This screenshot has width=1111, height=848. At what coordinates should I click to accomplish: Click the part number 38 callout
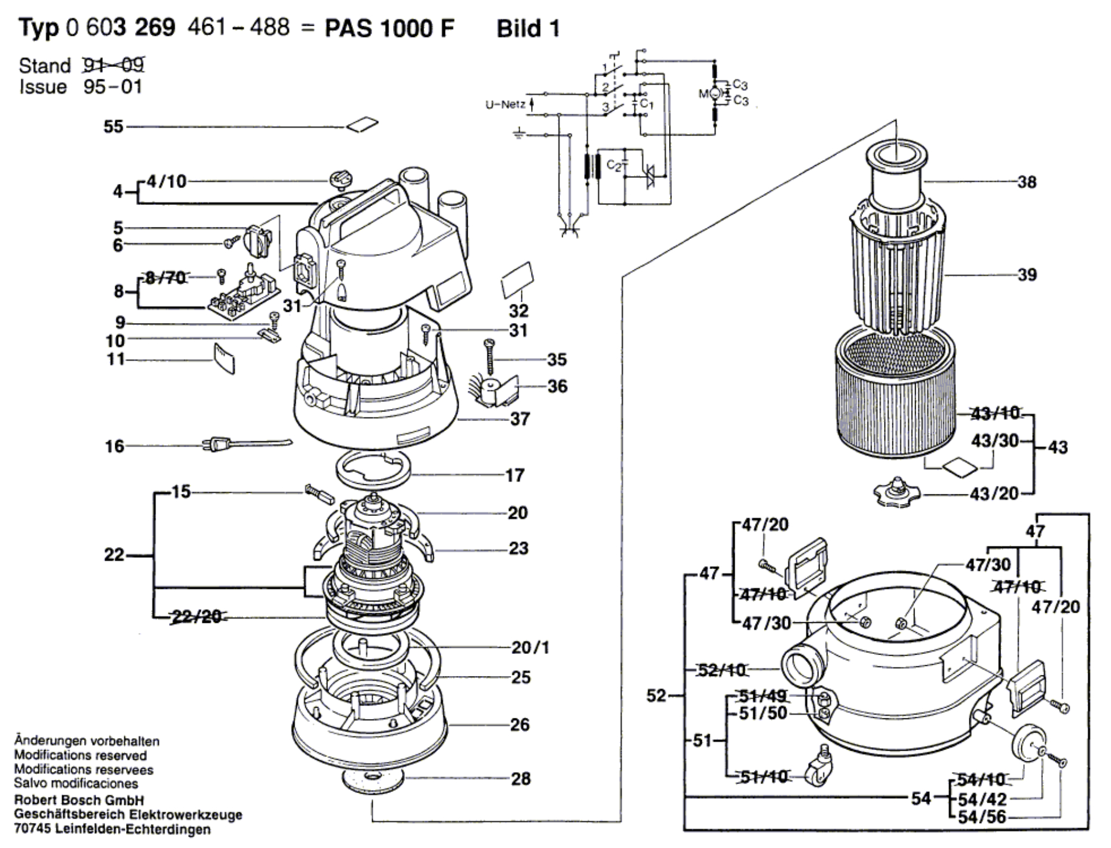(1026, 182)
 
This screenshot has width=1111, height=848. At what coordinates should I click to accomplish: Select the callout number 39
(1026, 275)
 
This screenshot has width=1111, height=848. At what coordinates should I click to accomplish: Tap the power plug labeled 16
(218, 445)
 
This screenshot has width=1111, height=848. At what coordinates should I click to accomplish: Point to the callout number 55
(113, 127)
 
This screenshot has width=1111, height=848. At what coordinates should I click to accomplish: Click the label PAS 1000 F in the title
(389, 28)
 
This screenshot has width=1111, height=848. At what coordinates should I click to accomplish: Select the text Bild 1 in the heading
(528, 28)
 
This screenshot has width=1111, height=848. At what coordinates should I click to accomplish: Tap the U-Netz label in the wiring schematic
(505, 105)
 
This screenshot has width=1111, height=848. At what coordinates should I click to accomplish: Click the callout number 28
(520, 779)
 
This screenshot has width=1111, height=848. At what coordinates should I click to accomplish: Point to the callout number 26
(520, 724)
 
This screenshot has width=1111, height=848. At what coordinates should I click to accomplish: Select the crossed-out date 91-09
(113, 65)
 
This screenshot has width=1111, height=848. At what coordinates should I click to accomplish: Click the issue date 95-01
(113, 87)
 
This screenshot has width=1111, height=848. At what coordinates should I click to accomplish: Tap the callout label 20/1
(530, 647)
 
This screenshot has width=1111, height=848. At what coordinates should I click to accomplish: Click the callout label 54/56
(982, 817)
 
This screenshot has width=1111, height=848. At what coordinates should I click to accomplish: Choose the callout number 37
(520, 419)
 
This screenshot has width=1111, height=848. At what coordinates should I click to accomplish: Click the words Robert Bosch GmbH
(79, 800)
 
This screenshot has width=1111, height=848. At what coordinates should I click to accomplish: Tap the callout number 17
(514, 475)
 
